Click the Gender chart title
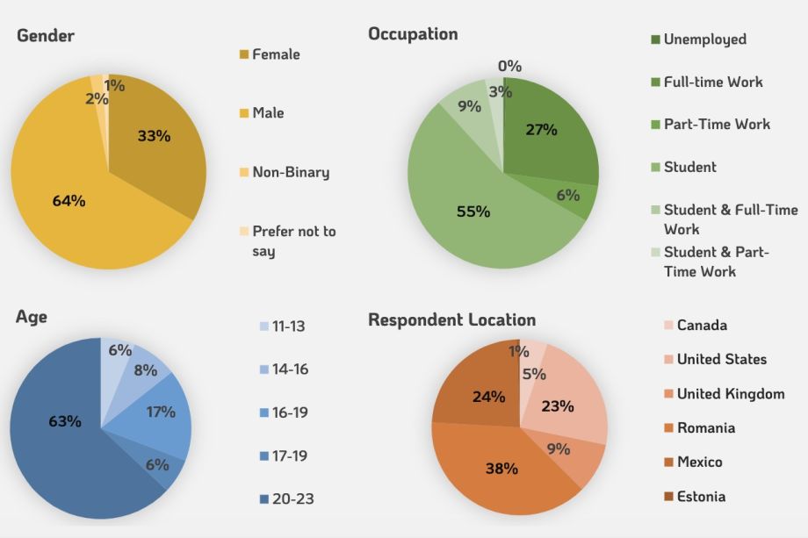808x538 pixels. pos(46,36)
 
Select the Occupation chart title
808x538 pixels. pos(413,34)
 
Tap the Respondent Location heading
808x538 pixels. pos(451,319)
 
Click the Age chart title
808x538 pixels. pos(32,317)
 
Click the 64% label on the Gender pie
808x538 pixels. pos(69,201)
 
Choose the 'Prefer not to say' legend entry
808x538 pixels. pos(293,241)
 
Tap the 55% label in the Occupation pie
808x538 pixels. pos(473,212)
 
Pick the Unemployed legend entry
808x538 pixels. pos(704,39)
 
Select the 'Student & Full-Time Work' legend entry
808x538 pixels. pos(730,219)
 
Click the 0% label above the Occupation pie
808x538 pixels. pos(509,66)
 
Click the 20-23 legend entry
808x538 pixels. pos(292,499)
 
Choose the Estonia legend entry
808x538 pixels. pos(701,497)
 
